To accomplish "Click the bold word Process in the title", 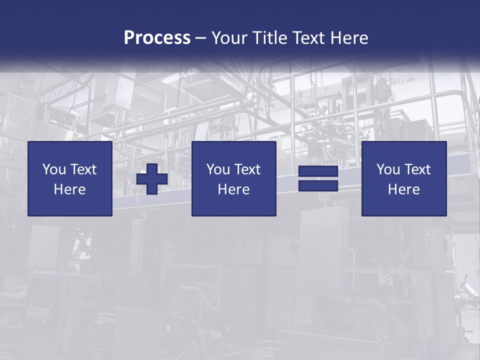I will coord(157,38).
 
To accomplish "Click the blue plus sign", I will coord(152,179).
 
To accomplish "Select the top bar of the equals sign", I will coord(318,171).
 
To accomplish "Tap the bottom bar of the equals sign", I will coord(318,185).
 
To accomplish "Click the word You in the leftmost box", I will coord(54,169).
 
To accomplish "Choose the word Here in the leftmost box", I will coord(69,189).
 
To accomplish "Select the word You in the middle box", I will coord(218,169).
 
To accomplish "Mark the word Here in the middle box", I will coord(233,189).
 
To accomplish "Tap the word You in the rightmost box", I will coord(388,169).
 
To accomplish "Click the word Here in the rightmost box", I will coord(403,189).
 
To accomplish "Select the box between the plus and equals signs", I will coord(233,205).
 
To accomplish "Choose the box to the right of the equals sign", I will coord(403,205).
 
